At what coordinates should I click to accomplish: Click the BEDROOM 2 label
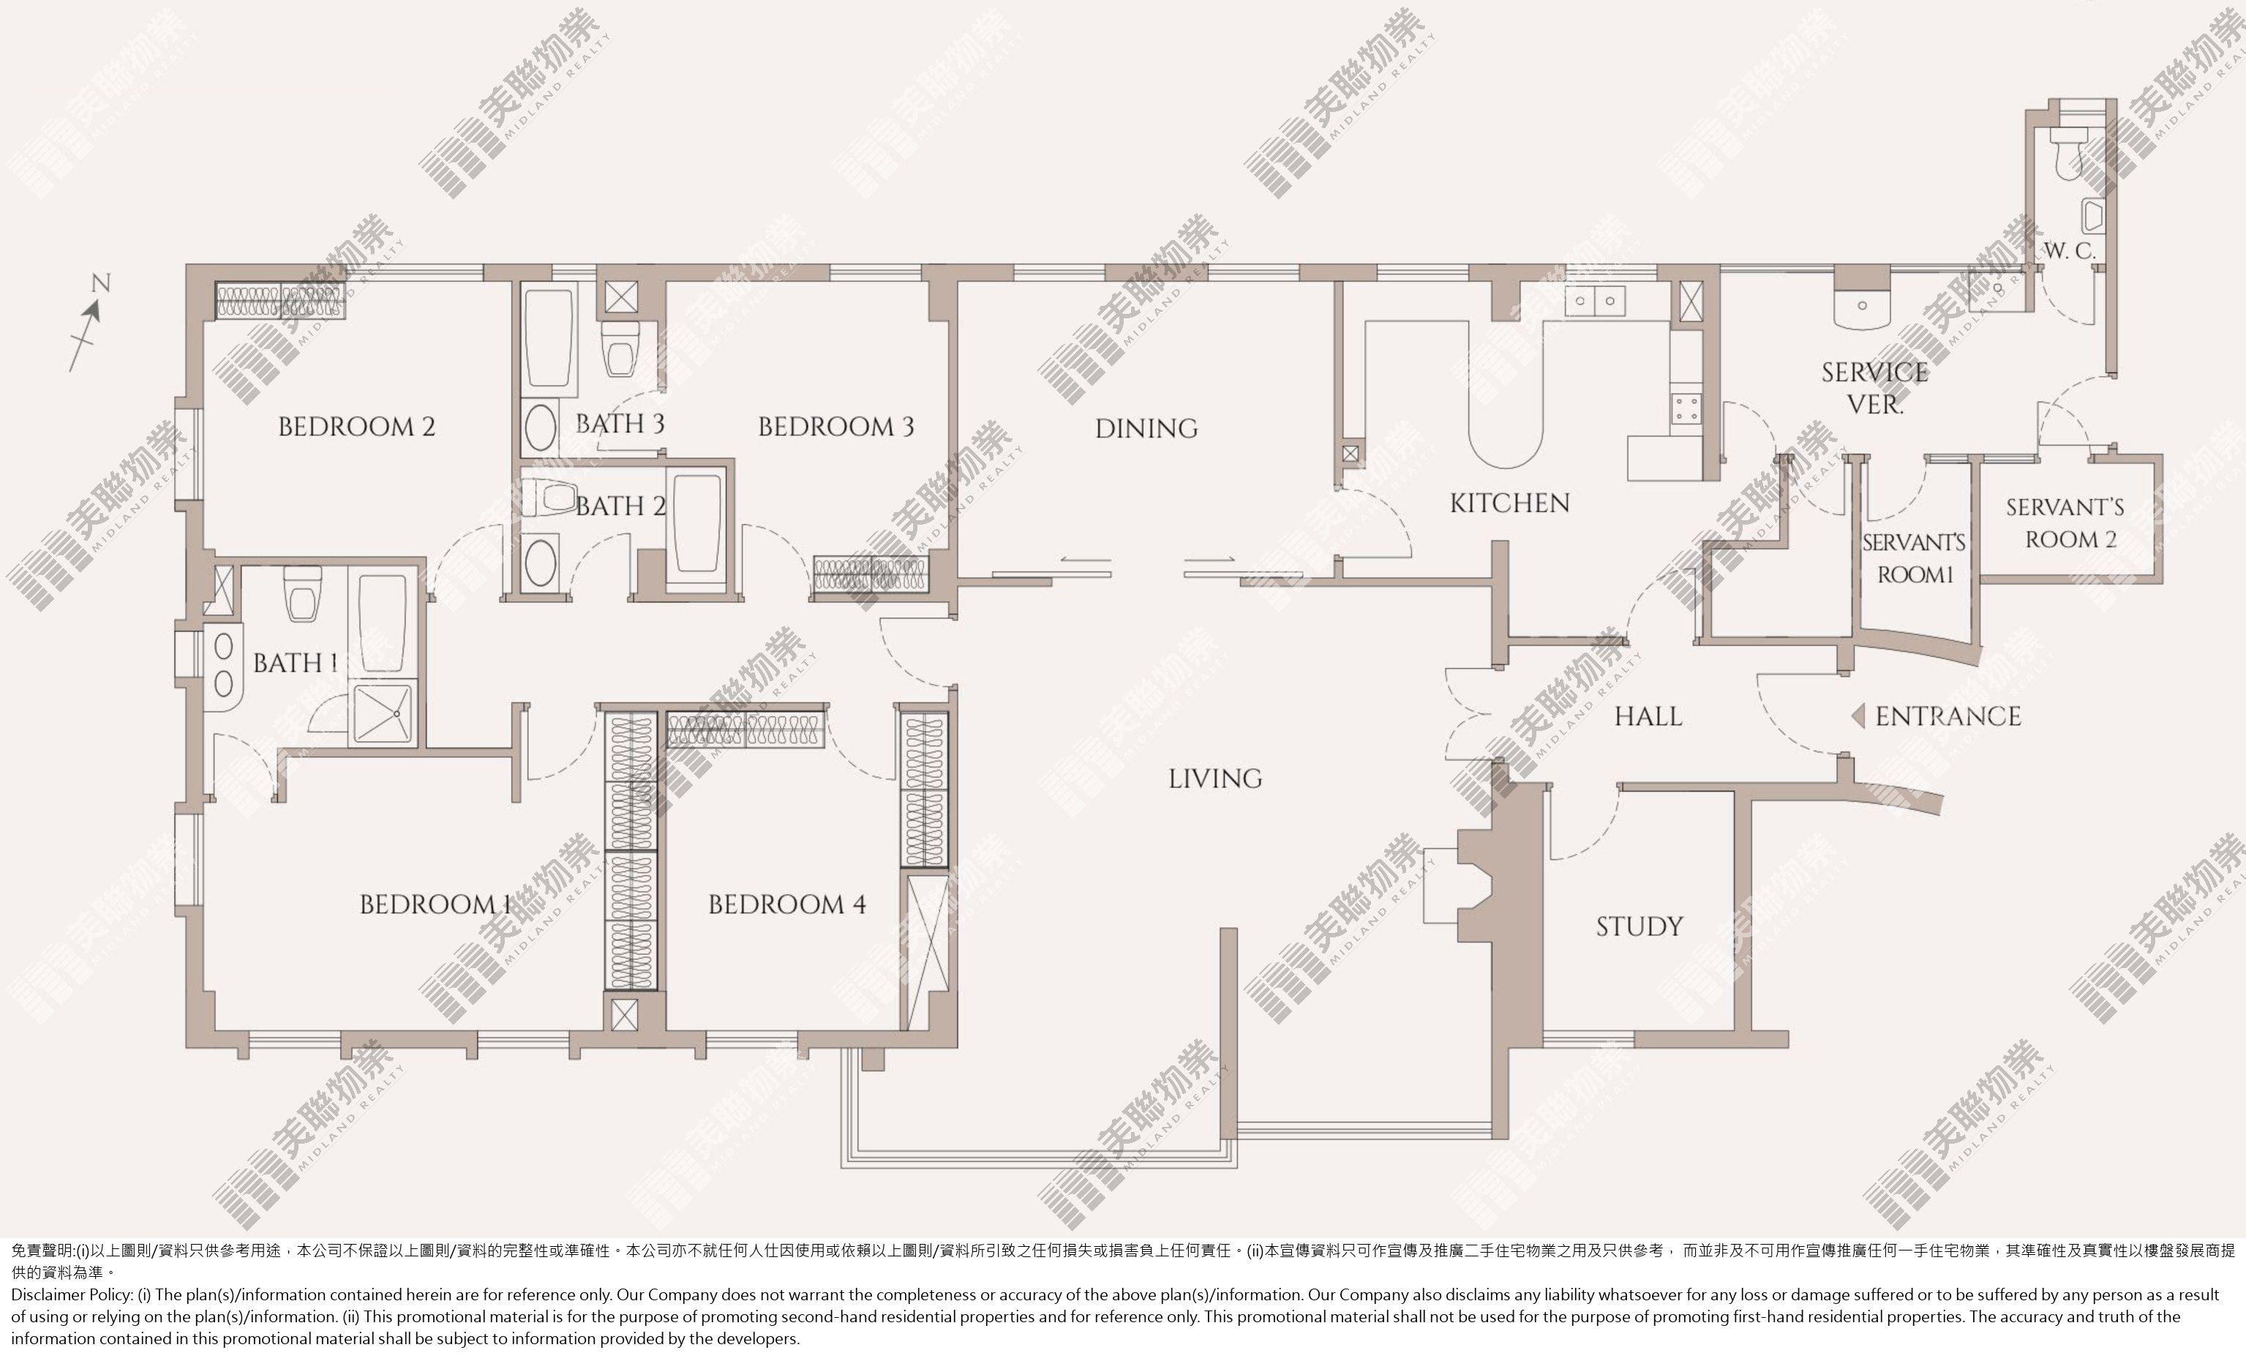[356, 427]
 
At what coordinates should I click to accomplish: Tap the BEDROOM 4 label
[786, 904]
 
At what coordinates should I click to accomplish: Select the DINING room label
[1146, 429]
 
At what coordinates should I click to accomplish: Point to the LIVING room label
[1215, 779]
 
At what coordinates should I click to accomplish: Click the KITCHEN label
[1509, 503]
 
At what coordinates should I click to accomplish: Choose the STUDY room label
[1639, 927]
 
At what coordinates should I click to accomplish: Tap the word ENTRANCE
[1948, 716]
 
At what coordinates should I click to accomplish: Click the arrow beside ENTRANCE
[1858, 716]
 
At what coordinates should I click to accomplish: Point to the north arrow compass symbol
[89, 323]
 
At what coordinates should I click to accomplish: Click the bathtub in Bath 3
[549, 338]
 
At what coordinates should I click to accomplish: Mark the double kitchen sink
[1595, 301]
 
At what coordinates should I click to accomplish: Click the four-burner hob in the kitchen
[1686, 408]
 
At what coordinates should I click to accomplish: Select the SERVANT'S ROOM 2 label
[2065, 523]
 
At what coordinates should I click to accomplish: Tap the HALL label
[1648, 716]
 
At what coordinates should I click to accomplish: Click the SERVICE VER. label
[1874, 387]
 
